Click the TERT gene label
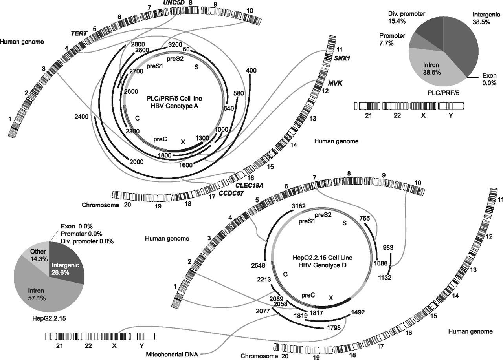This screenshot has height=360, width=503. pyautogui.click(x=79, y=33)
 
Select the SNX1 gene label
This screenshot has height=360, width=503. pyautogui.click(x=342, y=58)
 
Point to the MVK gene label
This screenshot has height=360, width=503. pyautogui.click(x=335, y=84)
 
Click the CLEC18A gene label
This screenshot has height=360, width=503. pyautogui.click(x=249, y=185)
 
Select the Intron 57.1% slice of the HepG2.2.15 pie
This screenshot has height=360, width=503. pyautogui.click(x=43, y=292)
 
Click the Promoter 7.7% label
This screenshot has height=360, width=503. pyautogui.click(x=392, y=39)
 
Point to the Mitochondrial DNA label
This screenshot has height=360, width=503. pyautogui.click(x=172, y=355)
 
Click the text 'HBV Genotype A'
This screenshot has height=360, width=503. pyautogui.click(x=174, y=106)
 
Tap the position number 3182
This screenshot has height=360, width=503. pyautogui.click(x=298, y=206)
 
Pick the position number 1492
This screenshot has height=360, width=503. pyautogui.click(x=358, y=312)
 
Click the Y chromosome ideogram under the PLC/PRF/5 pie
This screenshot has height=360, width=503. pyautogui.click(x=451, y=106)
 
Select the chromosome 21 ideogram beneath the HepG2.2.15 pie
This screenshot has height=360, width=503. pyautogui.click(x=58, y=336)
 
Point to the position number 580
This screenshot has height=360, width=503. pyautogui.click(x=239, y=93)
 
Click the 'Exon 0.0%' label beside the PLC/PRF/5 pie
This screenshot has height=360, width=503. pyautogui.click(x=489, y=79)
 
